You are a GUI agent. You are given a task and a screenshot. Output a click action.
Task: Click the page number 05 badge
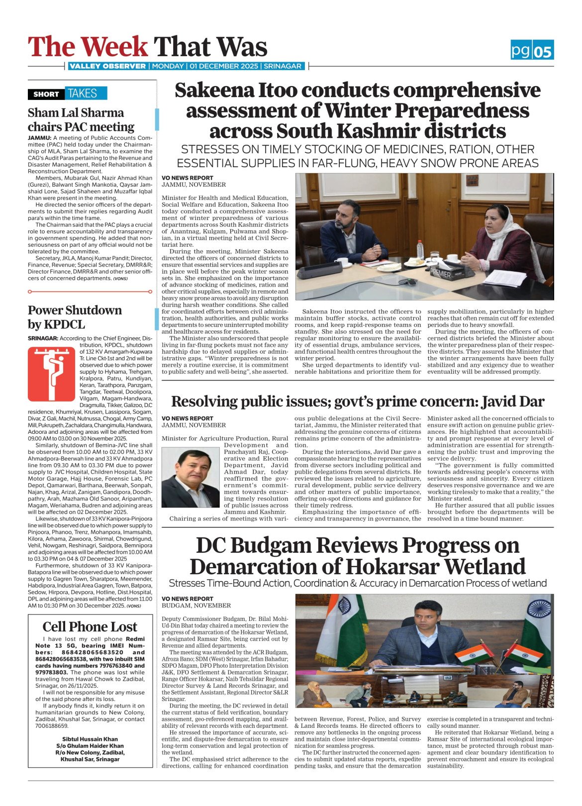pyautogui.click(x=543, y=51)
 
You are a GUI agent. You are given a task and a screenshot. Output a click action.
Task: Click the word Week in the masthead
pyautogui.click(x=114, y=47)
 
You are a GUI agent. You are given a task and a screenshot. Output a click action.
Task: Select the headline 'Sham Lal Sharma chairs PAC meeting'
pyautogui.click(x=81, y=119)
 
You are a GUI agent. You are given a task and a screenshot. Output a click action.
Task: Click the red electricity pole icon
pyautogui.click(x=51, y=374)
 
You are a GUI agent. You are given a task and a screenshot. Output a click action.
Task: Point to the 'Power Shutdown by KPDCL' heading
pyautogui.click(x=75, y=317)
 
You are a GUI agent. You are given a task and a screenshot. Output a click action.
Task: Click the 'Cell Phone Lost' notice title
pyautogui.click(x=90, y=626)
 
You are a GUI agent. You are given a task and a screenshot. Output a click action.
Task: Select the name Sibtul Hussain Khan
pyautogui.click(x=90, y=739)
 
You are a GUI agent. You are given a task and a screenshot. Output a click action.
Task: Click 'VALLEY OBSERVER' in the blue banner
pyautogui.click(x=107, y=66)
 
